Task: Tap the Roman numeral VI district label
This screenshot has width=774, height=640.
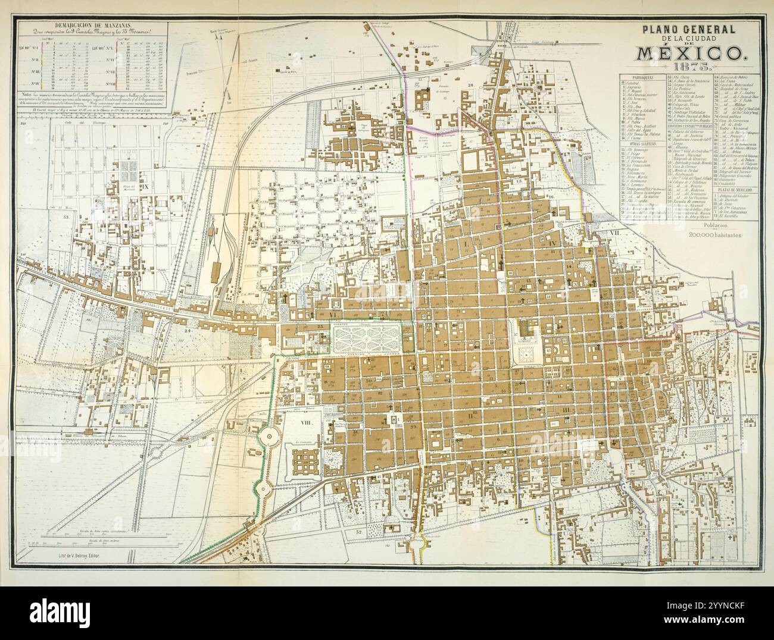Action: pyautogui.click(x=334, y=313)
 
